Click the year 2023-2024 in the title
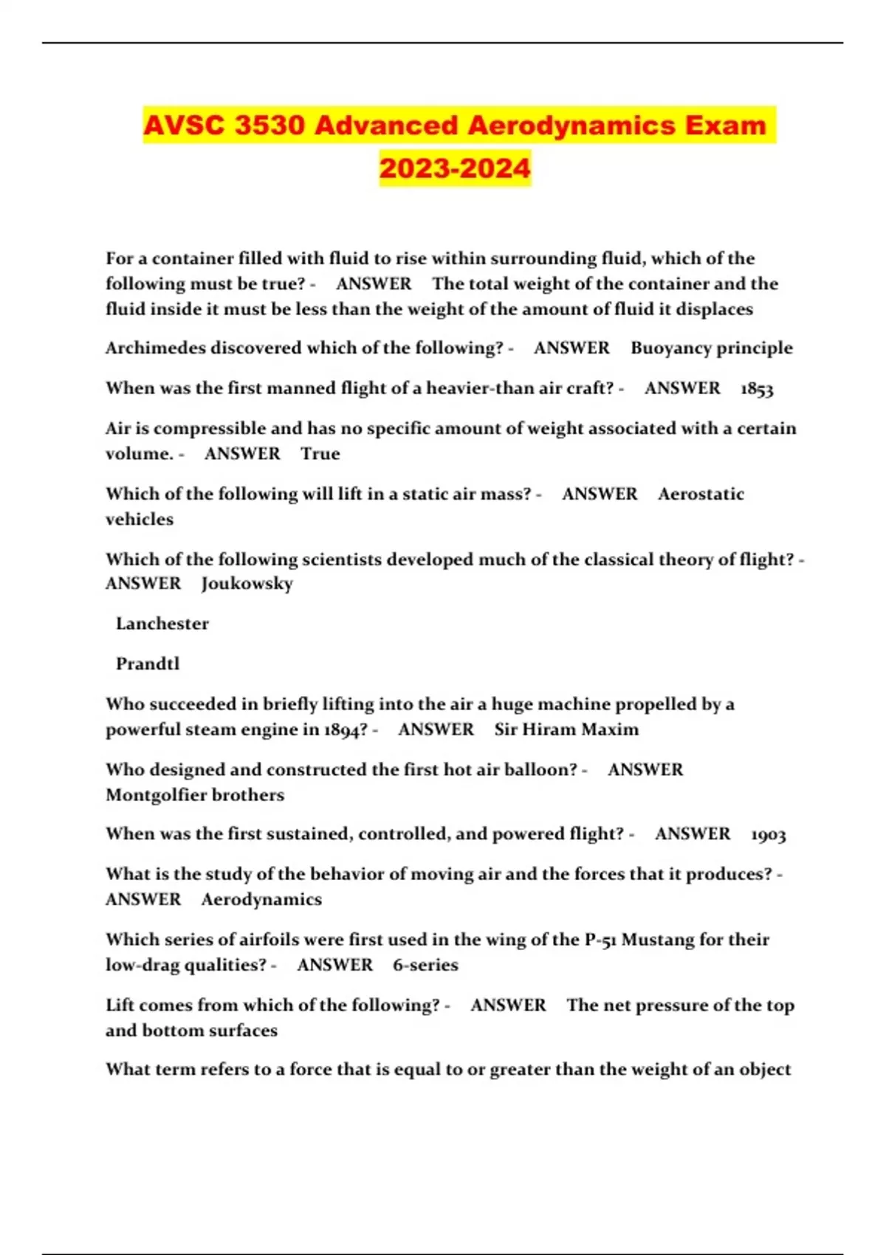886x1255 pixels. [x=455, y=168]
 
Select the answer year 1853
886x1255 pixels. [x=757, y=388]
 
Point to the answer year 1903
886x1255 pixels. [x=769, y=834]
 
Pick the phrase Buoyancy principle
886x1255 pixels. [x=712, y=348]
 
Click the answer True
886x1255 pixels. [x=320, y=453]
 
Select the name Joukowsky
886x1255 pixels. [x=247, y=583]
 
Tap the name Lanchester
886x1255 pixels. [x=162, y=624]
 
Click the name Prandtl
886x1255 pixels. [x=148, y=664]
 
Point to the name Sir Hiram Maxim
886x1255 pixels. [x=566, y=729]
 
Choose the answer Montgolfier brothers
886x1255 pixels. [x=195, y=795]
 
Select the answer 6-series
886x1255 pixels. [x=425, y=965]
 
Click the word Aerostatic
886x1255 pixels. [x=701, y=494]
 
